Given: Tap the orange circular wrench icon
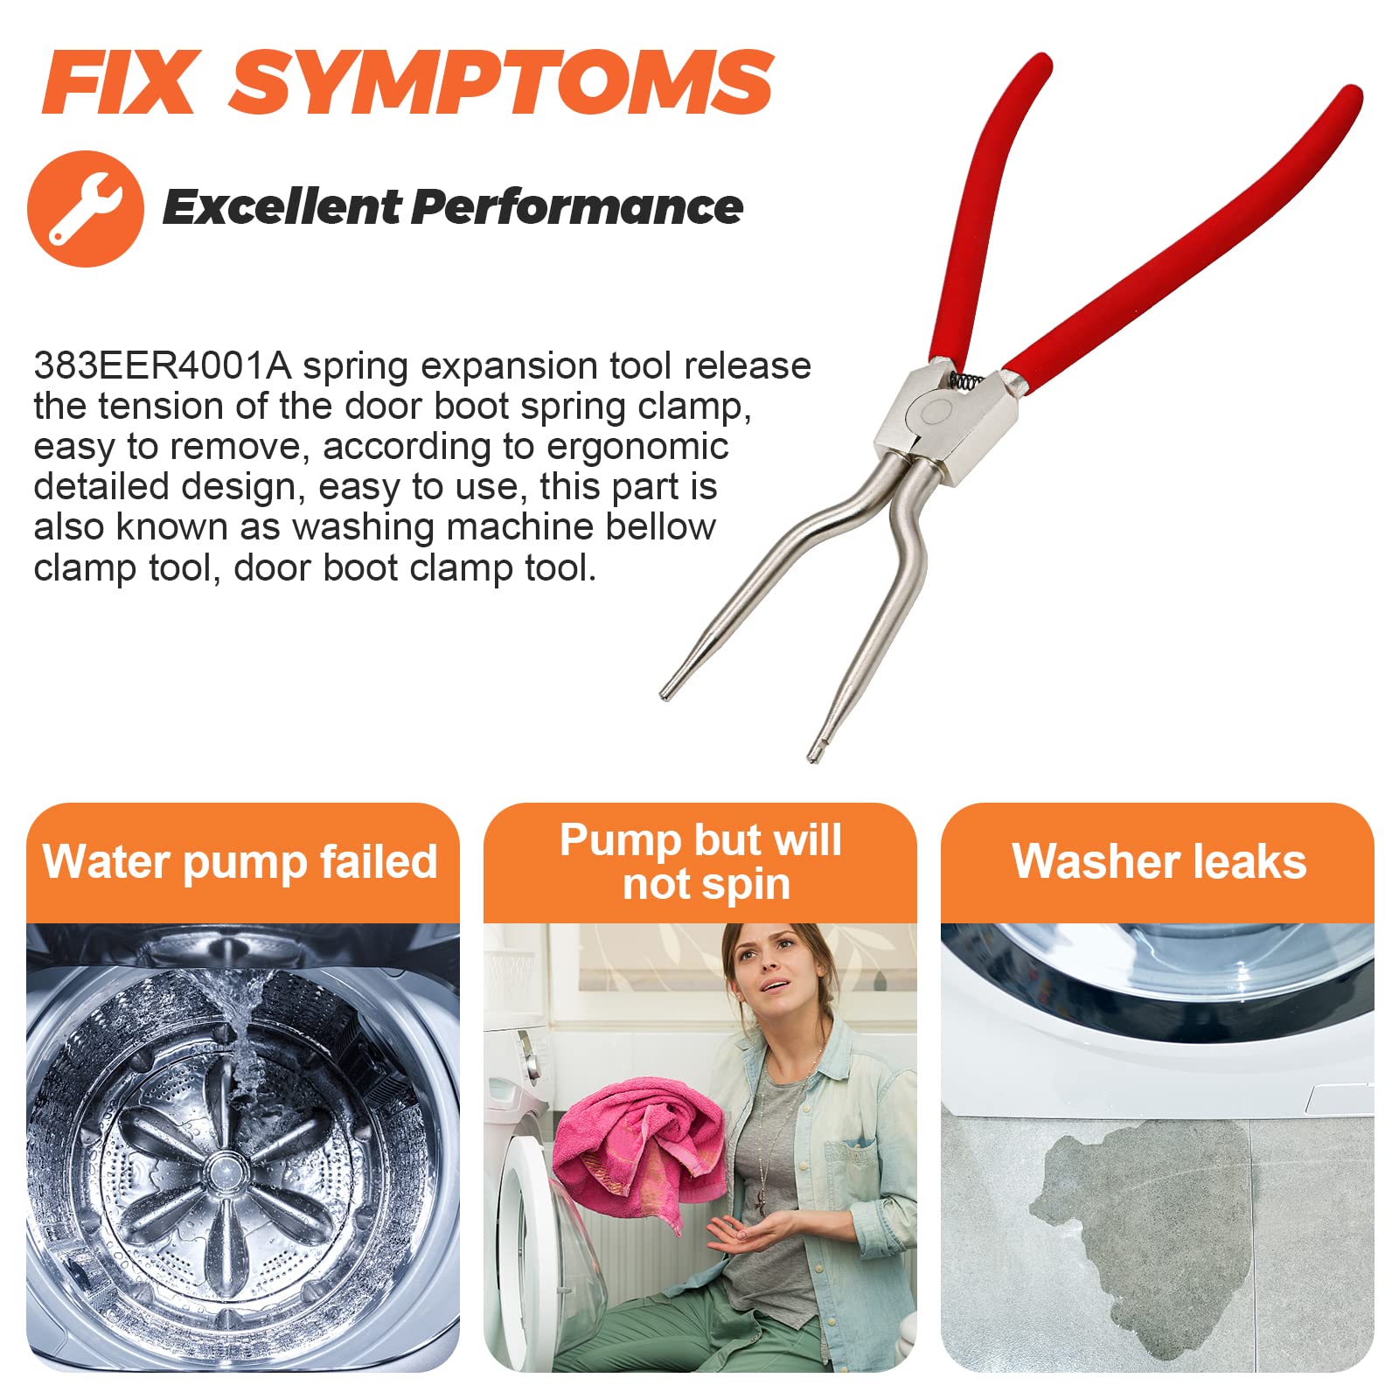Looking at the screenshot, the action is (86, 208).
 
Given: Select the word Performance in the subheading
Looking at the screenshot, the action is (577, 207).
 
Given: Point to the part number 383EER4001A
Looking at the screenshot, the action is (162, 365).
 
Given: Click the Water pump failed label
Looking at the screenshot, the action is (240, 861).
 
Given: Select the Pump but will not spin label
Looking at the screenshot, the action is (701, 861).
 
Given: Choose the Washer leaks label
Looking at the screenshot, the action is (1159, 861).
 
